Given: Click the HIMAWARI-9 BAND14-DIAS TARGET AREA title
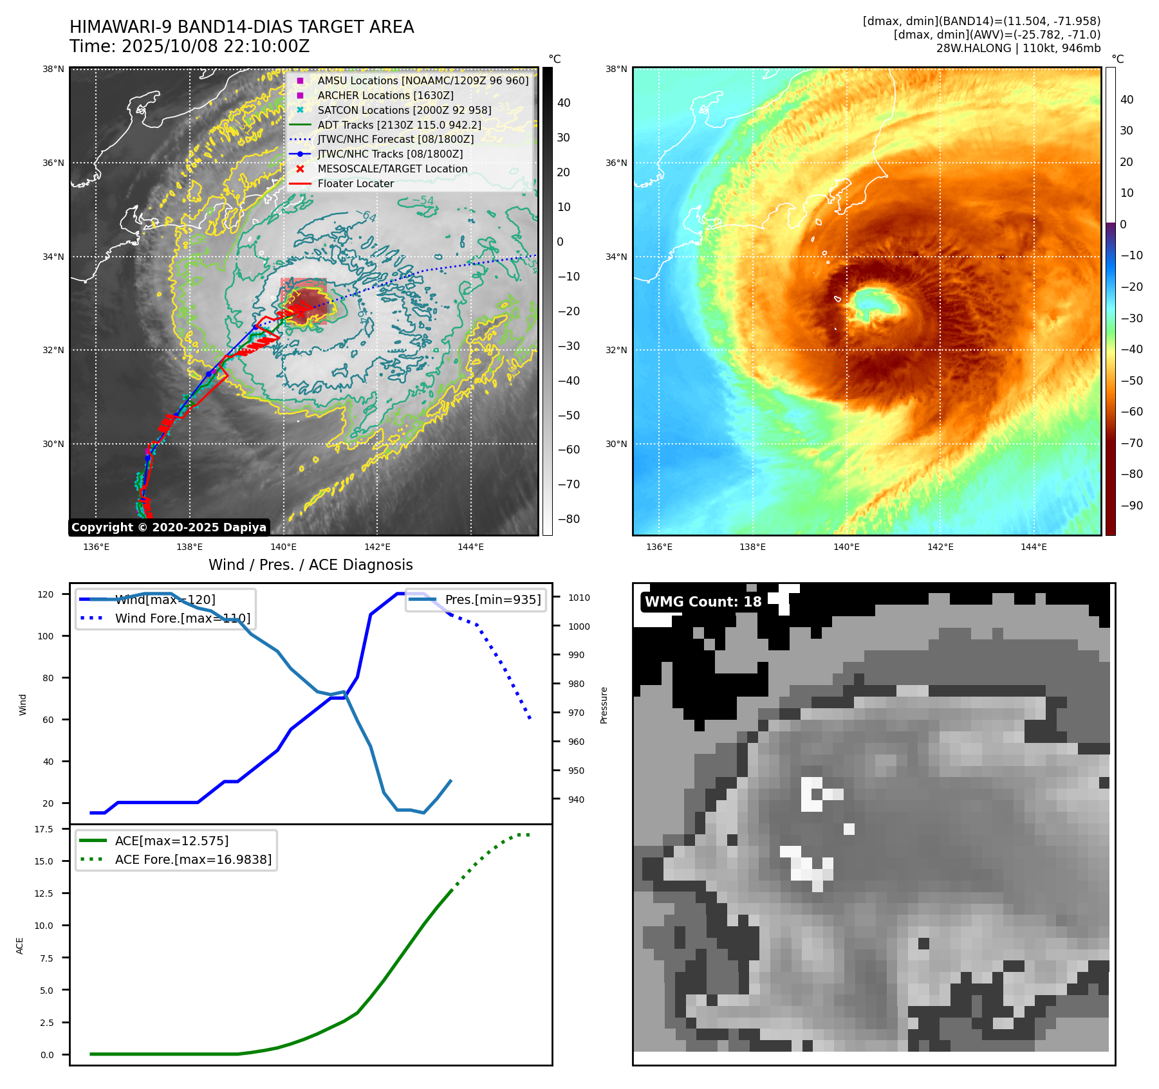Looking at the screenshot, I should pyautogui.click(x=241, y=27).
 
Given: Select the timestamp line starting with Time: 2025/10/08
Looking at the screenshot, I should pyautogui.click(x=190, y=46).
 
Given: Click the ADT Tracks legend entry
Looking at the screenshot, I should pyautogui.click(x=399, y=125).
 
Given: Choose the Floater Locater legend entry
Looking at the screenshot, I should pyautogui.click(x=355, y=183).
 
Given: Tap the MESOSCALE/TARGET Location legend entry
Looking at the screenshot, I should pyautogui.click(x=392, y=169).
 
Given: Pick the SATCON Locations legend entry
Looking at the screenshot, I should pyautogui.click(x=404, y=110).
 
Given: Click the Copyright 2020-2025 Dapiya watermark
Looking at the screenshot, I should pyautogui.click(x=169, y=527).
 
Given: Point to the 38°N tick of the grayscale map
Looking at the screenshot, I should pyautogui.click(x=53, y=69).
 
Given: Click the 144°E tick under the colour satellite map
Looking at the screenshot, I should pyautogui.click(x=1034, y=547).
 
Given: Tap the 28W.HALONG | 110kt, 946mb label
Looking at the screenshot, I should pyautogui.click(x=1018, y=48).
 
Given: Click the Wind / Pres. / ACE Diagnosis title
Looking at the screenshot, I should pyautogui.click(x=310, y=565).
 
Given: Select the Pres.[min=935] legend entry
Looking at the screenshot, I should pyautogui.click(x=492, y=599).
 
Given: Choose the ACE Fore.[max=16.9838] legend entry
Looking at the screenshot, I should pyautogui.click(x=193, y=859).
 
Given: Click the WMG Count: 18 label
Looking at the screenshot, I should pyautogui.click(x=703, y=602).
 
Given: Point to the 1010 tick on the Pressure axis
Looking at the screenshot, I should pyautogui.click(x=579, y=598).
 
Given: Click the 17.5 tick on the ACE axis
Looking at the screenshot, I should pyautogui.click(x=44, y=829).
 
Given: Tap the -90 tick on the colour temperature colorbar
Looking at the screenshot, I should pyautogui.click(x=1131, y=506).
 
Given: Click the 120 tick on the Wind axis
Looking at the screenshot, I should pyautogui.click(x=46, y=594).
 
